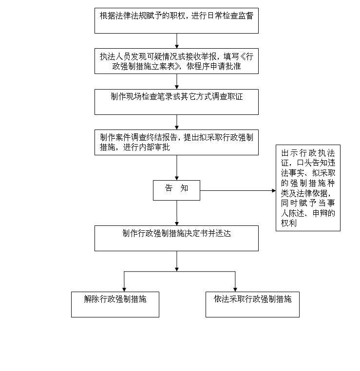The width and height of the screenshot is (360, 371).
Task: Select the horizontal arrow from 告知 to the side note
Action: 238,190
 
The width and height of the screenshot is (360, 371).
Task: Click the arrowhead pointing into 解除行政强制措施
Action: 124,290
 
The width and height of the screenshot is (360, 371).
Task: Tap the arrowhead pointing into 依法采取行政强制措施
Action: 235,290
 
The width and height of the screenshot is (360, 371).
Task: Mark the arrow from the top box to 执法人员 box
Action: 176,41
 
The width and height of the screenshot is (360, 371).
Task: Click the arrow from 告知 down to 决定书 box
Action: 176,213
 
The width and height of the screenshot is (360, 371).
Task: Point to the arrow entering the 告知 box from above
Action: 176,168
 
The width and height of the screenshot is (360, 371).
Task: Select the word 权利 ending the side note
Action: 289,223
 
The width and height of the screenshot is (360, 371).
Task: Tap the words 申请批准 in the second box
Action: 226,66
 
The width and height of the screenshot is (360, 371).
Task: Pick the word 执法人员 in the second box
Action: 115,56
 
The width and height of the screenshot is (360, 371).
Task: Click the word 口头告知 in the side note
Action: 312,163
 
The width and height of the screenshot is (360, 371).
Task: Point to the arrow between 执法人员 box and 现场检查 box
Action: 176,82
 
